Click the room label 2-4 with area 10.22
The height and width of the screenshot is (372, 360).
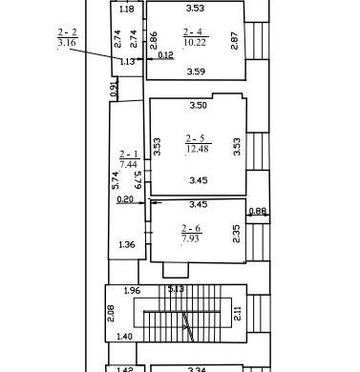click(x=196, y=37)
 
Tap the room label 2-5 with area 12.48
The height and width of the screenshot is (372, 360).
click(x=199, y=143)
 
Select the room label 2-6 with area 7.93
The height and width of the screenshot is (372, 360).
click(x=191, y=234)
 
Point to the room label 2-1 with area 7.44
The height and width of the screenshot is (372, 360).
click(x=129, y=159)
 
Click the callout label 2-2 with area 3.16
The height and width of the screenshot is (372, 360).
click(x=67, y=37)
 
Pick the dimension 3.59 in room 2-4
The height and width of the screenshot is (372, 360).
click(x=196, y=72)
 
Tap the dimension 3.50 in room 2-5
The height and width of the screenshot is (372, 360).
click(x=199, y=105)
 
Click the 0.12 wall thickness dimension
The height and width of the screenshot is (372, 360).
click(x=165, y=55)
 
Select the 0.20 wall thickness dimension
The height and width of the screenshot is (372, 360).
click(x=125, y=199)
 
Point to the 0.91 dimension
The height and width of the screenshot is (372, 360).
click(x=115, y=89)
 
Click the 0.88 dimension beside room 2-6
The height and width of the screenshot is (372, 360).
click(x=257, y=211)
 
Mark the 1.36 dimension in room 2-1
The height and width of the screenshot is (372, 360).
click(x=127, y=245)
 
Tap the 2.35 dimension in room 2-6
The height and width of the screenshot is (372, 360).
click(x=237, y=234)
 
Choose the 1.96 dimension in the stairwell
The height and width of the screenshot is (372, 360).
click(x=132, y=291)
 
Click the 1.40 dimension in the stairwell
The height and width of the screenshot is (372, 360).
click(x=124, y=336)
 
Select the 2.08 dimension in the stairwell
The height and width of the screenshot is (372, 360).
click(x=111, y=313)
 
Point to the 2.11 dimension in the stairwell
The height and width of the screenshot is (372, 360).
click(x=238, y=313)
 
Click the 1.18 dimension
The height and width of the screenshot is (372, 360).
click(x=127, y=10)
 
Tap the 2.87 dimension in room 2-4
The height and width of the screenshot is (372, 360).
click(x=234, y=40)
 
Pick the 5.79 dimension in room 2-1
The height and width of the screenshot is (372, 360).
click(x=138, y=180)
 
